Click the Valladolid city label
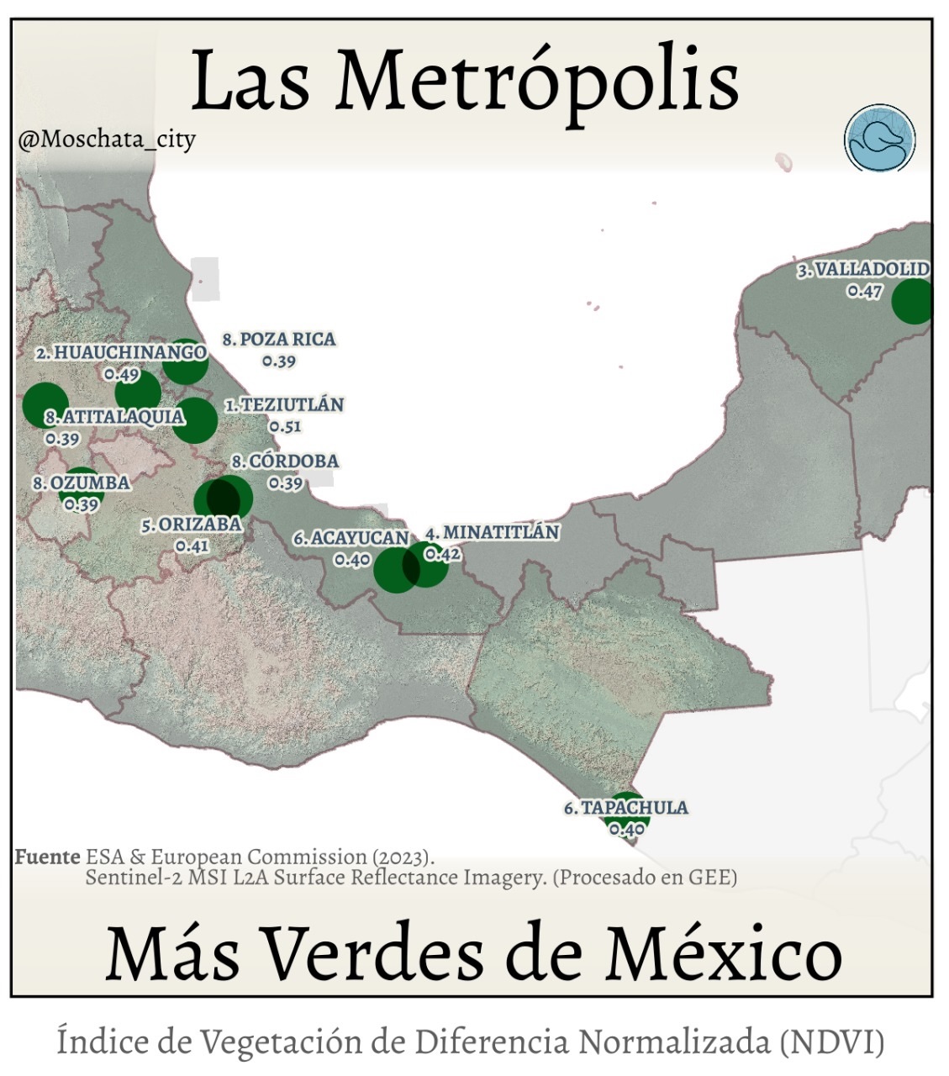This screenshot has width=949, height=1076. [863, 270]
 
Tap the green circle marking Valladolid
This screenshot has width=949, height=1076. [913, 301]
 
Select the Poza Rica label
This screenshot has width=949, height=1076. [279, 340]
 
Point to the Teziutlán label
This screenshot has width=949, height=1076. [284, 405]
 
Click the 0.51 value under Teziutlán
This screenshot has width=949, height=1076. [285, 426]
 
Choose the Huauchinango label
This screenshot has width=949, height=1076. [121, 353]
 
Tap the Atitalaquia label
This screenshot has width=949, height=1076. [114, 417]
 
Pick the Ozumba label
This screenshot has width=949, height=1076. [82, 483]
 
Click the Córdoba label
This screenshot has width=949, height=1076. [286, 462]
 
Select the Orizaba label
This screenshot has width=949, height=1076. [192, 525]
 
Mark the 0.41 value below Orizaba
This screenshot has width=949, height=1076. [192, 546]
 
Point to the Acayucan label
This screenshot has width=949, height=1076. [351, 538]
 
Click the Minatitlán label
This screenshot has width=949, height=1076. [492, 533]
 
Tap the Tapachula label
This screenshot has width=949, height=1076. [626, 808]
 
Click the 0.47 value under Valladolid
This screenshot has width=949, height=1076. [864, 292]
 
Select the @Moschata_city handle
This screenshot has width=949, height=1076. [107, 139]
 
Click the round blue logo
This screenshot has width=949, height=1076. [879, 140]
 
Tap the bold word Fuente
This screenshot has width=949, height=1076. [48, 857]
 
